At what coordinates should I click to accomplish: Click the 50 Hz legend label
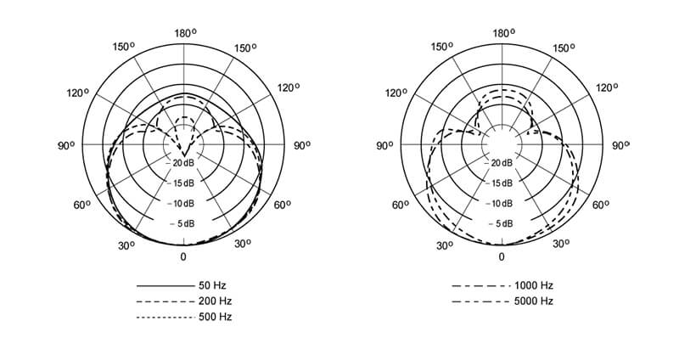(212, 285)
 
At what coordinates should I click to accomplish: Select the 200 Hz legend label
(216, 301)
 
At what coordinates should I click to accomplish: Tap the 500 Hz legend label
(216, 317)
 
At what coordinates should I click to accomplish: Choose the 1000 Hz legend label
(534, 285)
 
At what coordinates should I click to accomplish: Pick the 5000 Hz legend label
(534, 301)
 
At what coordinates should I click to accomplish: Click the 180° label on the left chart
(185, 33)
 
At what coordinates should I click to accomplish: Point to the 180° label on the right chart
(503, 33)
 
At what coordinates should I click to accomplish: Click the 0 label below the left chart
(183, 257)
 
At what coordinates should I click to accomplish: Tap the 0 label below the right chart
(502, 257)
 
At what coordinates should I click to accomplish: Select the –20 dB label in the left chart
(181, 163)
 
